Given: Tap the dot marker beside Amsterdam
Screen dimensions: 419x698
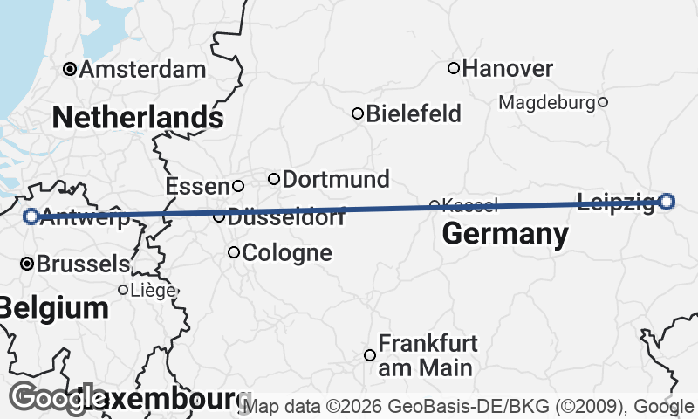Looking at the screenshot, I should click(x=70, y=69).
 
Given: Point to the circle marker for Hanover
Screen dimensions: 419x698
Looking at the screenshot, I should click(x=454, y=68).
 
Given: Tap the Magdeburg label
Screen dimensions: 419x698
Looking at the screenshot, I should click(x=547, y=103).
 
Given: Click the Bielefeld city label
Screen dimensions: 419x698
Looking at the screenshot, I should click(x=414, y=113).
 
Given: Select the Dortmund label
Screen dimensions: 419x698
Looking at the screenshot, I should click(x=336, y=180).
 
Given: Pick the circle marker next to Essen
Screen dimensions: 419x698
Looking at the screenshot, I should click(x=237, y=186).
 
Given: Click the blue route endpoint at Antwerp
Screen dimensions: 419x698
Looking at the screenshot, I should click(x=31, y=216).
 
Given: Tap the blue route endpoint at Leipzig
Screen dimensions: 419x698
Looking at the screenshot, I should click(x=667, y=202).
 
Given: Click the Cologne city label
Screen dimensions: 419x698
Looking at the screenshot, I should click(x=287, y=253).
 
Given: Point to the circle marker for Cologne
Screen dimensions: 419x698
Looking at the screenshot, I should click(x=234, y=253).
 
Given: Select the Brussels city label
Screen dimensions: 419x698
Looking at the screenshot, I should click(x=83, y=264).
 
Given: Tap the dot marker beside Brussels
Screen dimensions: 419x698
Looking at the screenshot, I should click(x=27, y=263).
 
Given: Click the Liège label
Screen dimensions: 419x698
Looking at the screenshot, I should click(x=153, y=290).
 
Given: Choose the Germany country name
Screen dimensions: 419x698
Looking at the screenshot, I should click(x=505, y=234).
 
